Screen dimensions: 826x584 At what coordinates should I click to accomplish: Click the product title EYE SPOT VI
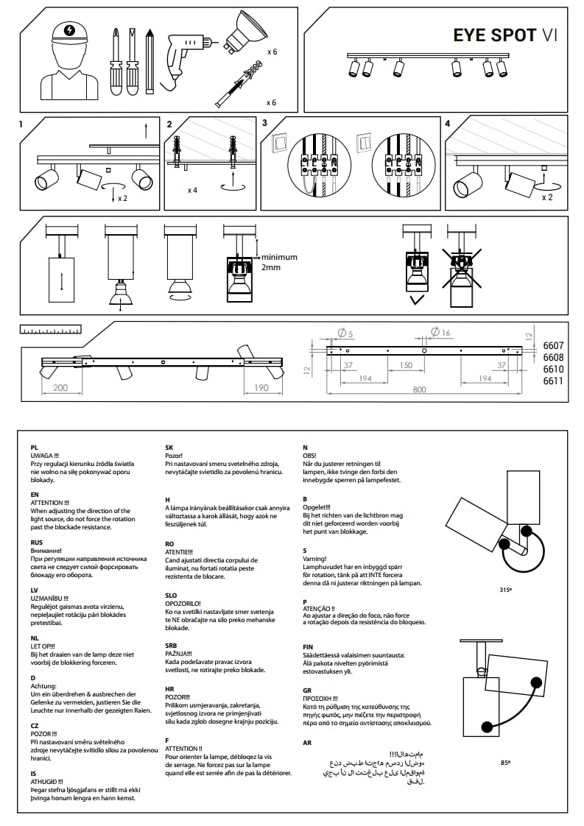[x=504, y=35]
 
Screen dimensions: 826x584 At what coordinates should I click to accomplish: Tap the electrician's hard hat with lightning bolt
[x=69, y=32]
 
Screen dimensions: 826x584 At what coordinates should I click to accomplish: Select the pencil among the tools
[x=149, y=59]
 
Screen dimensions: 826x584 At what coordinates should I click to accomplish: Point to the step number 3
[x=265, y=124]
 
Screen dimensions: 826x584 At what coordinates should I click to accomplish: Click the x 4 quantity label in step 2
[x=192, y=190]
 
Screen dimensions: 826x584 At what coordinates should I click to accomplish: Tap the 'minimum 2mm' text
[x=277, y=262]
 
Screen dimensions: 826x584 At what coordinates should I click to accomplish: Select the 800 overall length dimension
[x=419, y=390]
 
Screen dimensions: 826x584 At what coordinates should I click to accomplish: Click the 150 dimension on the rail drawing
[x=406, y=365]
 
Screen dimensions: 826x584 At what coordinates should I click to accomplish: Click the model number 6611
[x=553, y=381]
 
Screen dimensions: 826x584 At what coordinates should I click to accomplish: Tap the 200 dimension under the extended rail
[x=60, y=387]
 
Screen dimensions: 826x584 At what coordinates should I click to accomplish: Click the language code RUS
[x=37, y=542]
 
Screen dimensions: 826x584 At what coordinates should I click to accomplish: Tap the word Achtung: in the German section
[x=43, y=685]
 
